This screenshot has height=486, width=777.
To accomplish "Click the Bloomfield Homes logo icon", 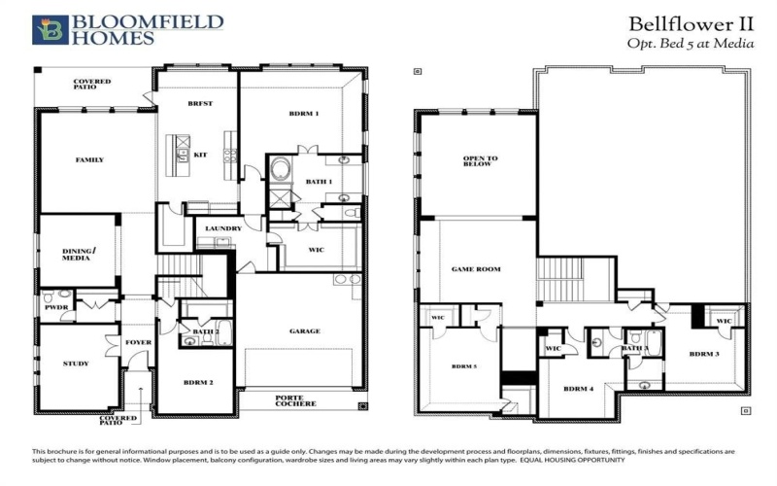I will tap(45, 30).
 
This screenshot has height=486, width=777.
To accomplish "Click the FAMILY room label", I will tap(89, 159).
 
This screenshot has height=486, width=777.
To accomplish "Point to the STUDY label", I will tap(76, 364).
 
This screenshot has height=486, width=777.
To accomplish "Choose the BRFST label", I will tap(199, 103).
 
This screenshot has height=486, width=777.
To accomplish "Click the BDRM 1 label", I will tap(304, 114).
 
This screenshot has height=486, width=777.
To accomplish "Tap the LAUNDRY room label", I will tap(223, 229).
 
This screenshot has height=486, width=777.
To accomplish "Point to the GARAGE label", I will tap(304, 331).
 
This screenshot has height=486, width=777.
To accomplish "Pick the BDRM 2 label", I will tap(198, 382).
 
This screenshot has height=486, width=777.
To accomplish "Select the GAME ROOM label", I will tap(476, 268).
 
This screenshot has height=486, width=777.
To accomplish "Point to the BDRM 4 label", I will tap(577, 390).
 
